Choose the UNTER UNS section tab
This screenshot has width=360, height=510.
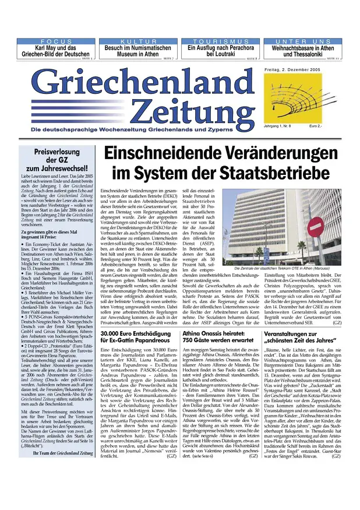coord(302,42)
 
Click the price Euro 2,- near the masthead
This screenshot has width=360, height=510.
coord(317,126)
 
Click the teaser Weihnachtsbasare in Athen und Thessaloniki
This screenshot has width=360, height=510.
coord(302,51)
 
